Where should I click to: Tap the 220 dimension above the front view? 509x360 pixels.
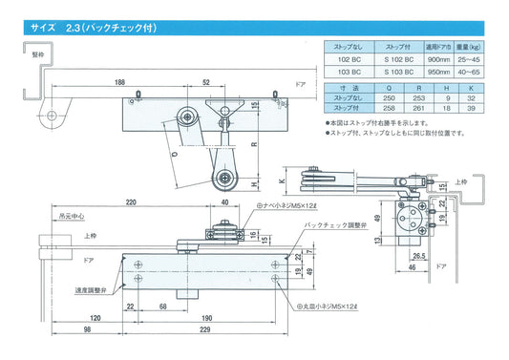(x=131, y=202)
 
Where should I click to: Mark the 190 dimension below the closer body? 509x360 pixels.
(x=207, y=317)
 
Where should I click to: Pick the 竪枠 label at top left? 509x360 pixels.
(x=11, y=55)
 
